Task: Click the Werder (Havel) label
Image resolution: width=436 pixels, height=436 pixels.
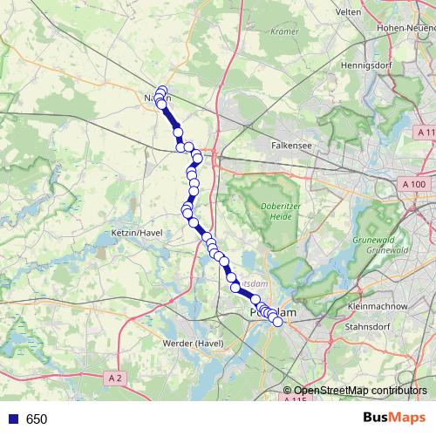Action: [x=194, y=344]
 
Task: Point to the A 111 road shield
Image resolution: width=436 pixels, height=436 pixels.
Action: [x=425, y=131]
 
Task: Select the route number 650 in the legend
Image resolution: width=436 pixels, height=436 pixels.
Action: [x=37, y=419]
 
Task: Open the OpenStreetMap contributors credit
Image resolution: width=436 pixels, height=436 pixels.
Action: [x=360, y=391]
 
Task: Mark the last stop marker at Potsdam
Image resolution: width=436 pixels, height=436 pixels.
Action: [x=278, y=322]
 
